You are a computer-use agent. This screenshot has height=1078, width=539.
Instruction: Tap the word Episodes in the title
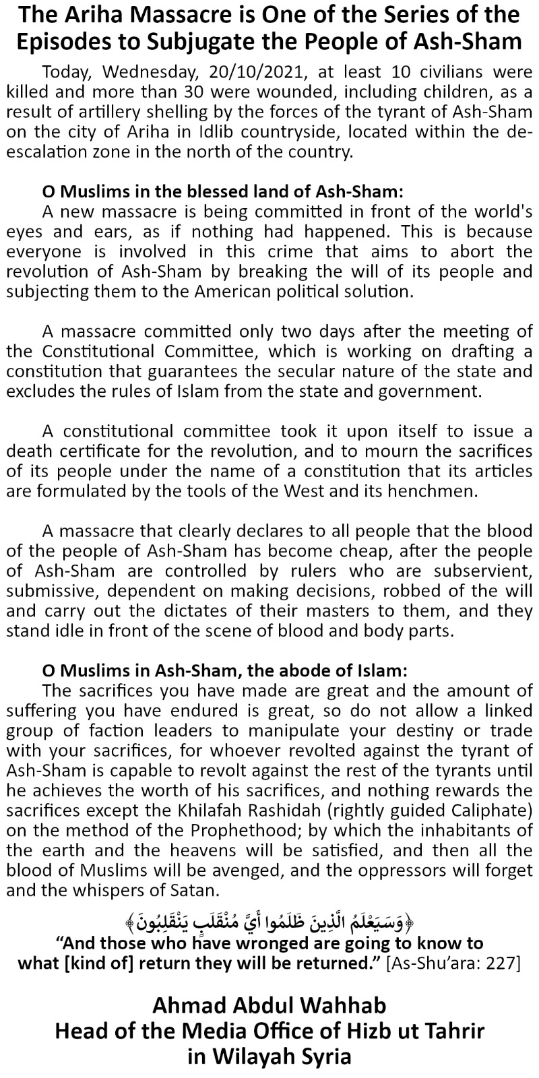[x=70, y=40]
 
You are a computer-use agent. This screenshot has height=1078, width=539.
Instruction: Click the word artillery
[x=94, y=110]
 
